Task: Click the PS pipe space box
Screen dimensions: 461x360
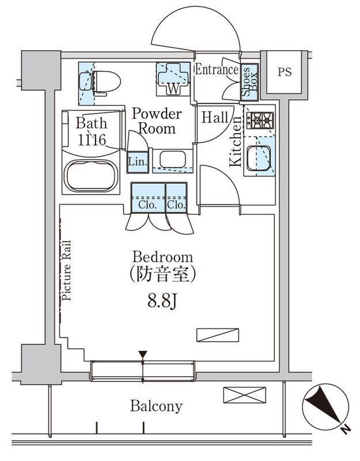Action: tap(284, 73)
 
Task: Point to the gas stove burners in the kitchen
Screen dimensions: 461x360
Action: tap(260, 120)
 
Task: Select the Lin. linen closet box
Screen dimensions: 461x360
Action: tap(137, 161)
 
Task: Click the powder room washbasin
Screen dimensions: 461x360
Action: tap(172, 159)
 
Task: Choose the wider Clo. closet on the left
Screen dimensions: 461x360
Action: tap(147, 199)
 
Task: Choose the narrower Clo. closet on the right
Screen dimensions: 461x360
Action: tap(176, 199)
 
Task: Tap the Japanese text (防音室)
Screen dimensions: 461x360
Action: tap(162, 275)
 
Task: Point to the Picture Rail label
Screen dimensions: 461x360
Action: tap(67, 271)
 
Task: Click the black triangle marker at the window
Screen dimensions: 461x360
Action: tap(143, 354)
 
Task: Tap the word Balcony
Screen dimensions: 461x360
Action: tap(156, 406)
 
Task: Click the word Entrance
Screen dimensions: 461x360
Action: tap(217, 70)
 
